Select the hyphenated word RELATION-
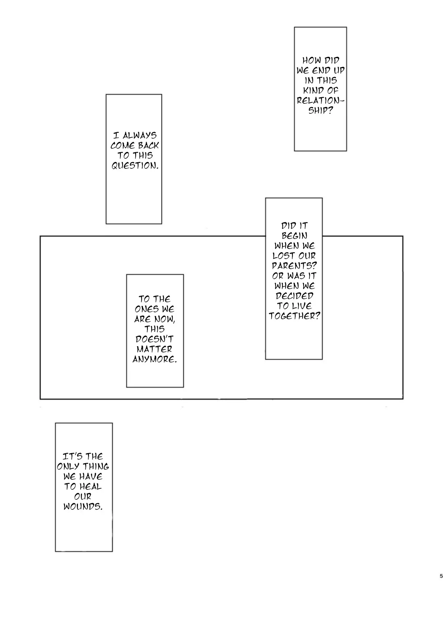(x=321, y=100)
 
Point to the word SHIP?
(x=320, y=111)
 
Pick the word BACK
(x=148, y=145)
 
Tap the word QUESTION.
(x=135, y=165)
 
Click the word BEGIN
(x=294, y=236)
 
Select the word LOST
(x=283, y=256)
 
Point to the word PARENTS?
(x=294, y=266)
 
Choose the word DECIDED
(x=294, y=296)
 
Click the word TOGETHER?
(x=295, y=316)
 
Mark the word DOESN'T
(x=154, y=339)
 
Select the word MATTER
(x=154, y=349)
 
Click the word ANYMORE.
(x=155, y=359)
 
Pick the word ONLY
(x=69, y=466)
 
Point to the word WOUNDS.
(x=83, y=506)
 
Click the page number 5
(x=441, y=576)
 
